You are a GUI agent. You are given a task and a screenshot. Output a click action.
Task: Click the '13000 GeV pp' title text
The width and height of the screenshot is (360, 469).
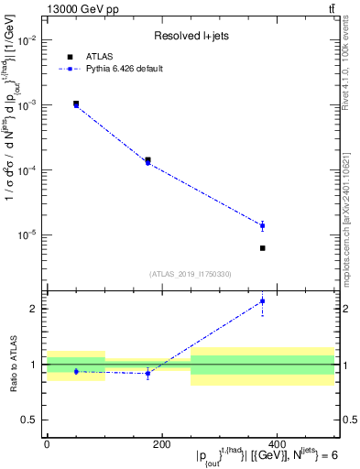tap(82, 9)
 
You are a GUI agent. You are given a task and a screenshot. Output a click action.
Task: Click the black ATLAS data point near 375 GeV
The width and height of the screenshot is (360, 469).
tap(262, 248)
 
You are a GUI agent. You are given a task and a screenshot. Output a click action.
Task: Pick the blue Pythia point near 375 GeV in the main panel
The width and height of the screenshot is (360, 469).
tap(262, 225)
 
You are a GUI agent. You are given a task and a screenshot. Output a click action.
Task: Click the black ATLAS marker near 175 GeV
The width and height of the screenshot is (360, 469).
tap(147, 159)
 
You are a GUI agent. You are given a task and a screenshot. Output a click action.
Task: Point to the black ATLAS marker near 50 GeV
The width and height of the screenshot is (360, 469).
tap(76, 104)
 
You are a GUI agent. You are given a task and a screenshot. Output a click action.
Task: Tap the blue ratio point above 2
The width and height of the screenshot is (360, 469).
tap(262, 300)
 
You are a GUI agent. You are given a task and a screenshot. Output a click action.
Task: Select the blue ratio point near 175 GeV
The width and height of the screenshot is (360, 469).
tap(147, 373)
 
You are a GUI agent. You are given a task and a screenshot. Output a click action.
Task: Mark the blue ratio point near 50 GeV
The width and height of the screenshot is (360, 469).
tap(76, 371)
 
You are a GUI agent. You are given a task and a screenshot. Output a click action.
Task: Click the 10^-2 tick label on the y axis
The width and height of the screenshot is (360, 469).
tap(27, 39)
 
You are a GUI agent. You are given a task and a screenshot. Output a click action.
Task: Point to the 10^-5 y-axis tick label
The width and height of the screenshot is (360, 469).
tap(27, 234)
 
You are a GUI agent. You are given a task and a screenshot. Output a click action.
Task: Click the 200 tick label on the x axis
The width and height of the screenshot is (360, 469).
tap(161, 444)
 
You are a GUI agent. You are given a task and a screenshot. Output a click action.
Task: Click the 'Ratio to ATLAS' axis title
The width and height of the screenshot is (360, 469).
tap(12, 365)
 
